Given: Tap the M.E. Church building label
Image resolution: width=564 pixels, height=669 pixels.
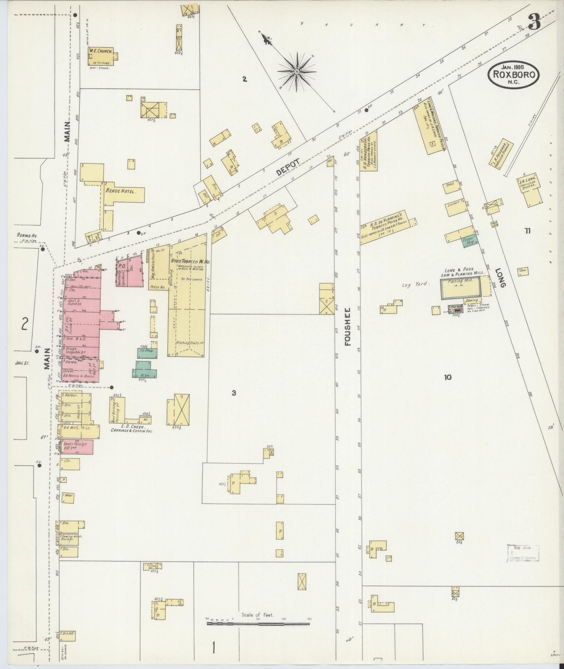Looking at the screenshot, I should pyautogui.click(x=100, y=51).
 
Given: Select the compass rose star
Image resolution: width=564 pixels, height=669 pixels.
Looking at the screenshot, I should pyautogui.click(x=297, y=72).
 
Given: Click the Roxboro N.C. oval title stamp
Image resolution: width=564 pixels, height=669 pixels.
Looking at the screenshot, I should pyautogui.click(x=513, y=73).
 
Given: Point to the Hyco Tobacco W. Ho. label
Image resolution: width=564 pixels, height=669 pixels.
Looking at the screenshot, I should pyautogui.click(x=190, y=262).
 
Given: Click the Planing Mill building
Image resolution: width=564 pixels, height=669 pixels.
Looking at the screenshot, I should pyautogui.click(x=461, y=288).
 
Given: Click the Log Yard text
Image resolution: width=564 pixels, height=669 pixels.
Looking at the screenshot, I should pyautogui.click(x=416, y=285).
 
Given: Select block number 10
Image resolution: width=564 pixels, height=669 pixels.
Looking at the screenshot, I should pyautogui.click(x=447, y=377).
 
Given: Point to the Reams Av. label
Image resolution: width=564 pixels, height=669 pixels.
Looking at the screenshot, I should pyautogui.click(x=26, y=235).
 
